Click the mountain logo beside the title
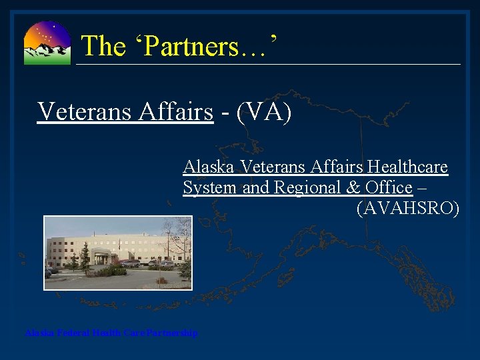(47, 43)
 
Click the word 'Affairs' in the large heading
(176, 111)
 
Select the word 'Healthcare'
(407, 167)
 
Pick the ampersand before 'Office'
(354, 188)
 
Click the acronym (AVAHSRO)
(408, 209)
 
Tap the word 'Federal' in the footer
(73, 333)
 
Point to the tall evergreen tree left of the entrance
(85, 257)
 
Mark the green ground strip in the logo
(47, 60)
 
